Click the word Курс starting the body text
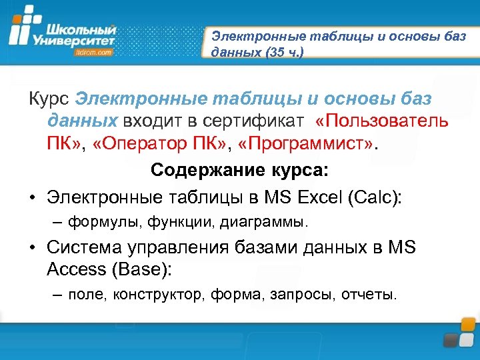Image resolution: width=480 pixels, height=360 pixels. pyautogui.click(x=49, y=99)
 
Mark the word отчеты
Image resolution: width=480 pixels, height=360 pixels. pyautogui.click(x=369, y=293)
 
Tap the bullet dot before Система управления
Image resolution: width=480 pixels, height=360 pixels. pyautogui.click(x=32, y=248)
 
